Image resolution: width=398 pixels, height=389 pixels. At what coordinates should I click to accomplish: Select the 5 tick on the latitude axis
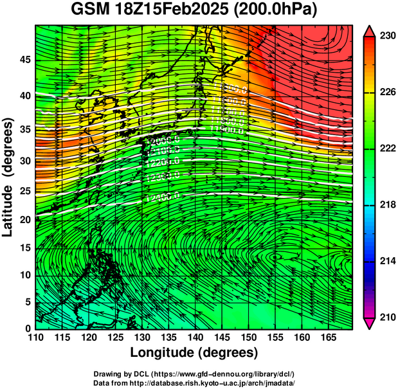point(26,302)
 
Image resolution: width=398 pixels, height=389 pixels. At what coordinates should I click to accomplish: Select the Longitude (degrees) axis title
point(194,352)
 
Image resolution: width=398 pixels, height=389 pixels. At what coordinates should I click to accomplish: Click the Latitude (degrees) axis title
point(9,177)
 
